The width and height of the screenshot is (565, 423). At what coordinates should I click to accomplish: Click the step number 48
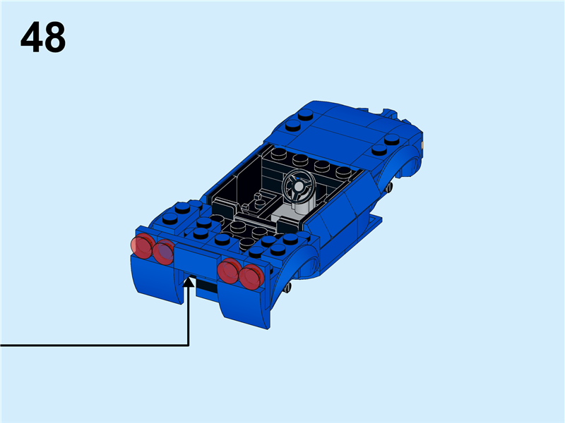click(x=43, y=38)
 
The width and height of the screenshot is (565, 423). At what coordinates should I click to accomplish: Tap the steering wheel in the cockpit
click(x=299, y=187)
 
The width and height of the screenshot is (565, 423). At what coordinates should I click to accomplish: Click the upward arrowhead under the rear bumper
click(x=189, y=283)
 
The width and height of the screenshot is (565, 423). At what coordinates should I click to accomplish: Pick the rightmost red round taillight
click(x=251, y=276)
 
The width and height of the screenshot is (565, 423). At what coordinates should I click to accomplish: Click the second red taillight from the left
click(x=163, y=252)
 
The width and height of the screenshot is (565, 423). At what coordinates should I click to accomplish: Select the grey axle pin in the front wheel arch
click(x=390, y=187)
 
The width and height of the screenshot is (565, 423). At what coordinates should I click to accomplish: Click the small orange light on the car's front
click(x=422, y=143)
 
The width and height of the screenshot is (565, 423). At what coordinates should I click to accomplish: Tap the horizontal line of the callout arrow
click(x=92, y=345)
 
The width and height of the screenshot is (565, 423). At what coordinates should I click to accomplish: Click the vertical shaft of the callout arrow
click(x=189, y=317)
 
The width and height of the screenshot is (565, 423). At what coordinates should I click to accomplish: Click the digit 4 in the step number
click(x=32, y=38)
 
